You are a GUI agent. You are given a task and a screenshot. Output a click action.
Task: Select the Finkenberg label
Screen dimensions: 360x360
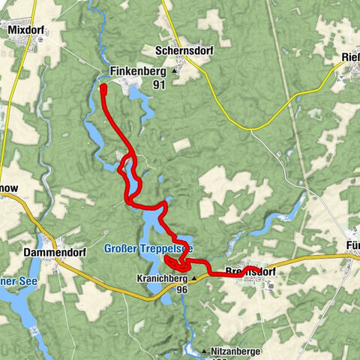click(x=137, y=72)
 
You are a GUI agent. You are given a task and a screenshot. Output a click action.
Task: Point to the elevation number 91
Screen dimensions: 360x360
click(x=158, y=85)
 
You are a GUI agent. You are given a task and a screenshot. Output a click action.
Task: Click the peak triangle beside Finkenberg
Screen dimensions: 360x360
click(x=175, y=72)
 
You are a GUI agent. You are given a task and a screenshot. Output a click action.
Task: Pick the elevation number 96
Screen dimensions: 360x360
click(x=181, y=289)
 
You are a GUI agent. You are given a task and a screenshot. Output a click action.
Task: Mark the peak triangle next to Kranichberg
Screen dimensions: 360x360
click(x=193, y=277)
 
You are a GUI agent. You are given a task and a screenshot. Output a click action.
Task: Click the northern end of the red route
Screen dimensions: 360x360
click(x=103, y=88)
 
